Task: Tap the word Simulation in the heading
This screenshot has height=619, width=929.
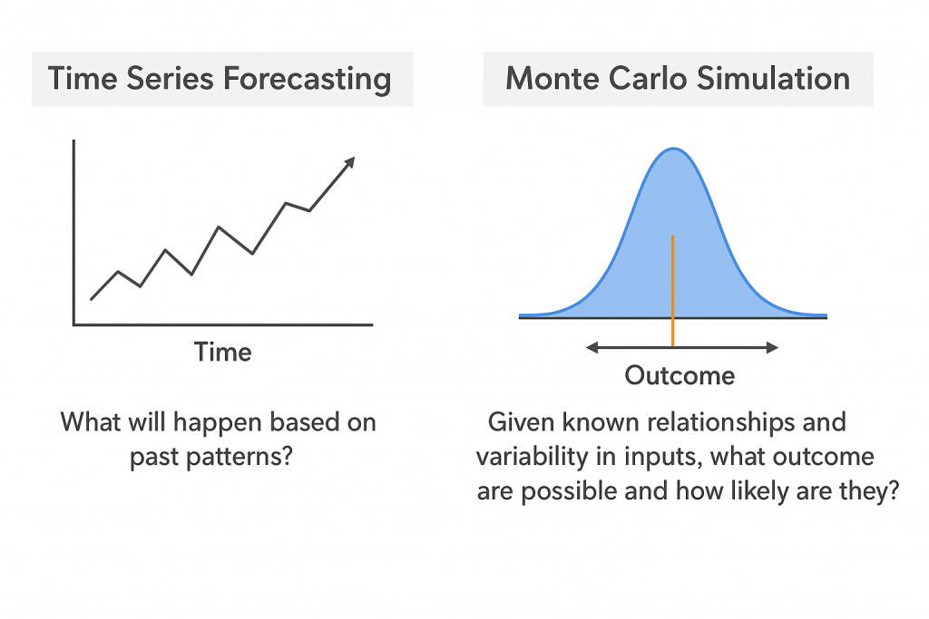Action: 773,79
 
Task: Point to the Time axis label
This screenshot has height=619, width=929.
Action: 223,353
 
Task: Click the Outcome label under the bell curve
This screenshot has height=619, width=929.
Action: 680,376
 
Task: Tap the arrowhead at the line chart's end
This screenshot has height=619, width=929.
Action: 349,162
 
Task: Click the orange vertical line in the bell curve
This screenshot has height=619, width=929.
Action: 673,291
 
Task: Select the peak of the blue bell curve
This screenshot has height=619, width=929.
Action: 674,149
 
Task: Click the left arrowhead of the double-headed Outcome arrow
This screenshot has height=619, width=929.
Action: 592,348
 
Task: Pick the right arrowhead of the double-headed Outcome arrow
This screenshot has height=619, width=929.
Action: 772,348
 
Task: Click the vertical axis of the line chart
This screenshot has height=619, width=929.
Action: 74,232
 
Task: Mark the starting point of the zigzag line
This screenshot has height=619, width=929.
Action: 92,299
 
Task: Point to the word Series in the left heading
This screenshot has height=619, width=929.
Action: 170,79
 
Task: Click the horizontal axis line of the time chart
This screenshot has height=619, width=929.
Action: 223,324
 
